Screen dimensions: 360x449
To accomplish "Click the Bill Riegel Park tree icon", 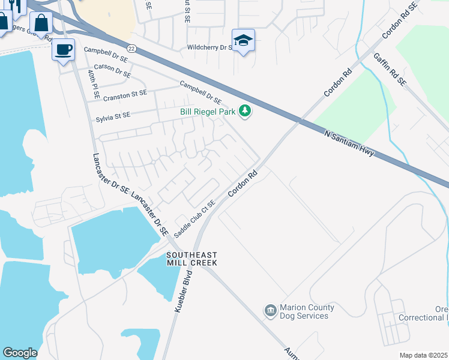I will point(244,111).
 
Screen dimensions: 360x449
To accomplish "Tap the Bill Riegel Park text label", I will point(208,112).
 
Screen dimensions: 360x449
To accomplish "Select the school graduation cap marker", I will point(243,40).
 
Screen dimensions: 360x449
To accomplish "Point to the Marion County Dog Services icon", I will point(270,311).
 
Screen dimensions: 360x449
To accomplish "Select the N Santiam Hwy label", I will point(349,144).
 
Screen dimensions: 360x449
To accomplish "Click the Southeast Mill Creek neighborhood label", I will point(191,259).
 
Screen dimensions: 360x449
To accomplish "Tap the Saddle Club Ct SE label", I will point(194,218).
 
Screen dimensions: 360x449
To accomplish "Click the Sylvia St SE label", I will point(121,116).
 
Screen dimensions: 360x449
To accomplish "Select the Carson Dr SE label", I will point(112,71).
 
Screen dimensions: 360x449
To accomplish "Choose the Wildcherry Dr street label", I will point(209,46).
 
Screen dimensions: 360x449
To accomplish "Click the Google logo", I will point(20,353).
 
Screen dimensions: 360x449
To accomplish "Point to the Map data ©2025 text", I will point(423,355).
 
